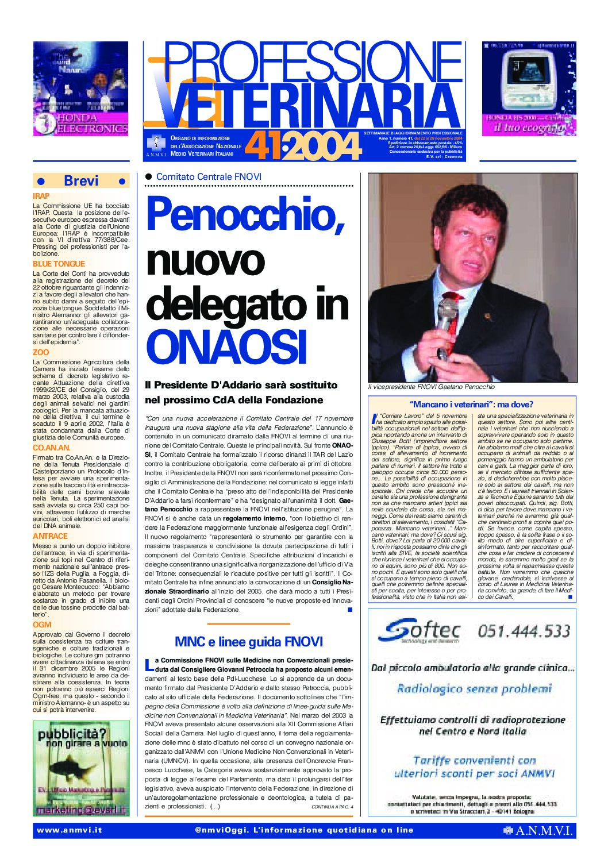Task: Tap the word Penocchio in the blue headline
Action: point(245,214)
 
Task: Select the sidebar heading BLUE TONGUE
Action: point(59,264)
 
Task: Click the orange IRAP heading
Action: point(41,196)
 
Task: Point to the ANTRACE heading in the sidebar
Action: point(50,536)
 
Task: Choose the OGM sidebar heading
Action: point(42,625)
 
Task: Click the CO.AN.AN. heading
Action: point(52,448)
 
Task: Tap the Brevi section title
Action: point(81,181)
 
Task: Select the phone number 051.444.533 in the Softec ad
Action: point(524,631)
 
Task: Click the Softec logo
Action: point(419,631)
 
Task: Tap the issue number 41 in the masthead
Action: point(262,147)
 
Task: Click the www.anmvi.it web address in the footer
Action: point(69,830)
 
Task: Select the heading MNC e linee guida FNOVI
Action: point(248,642)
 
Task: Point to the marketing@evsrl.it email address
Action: point(81,810)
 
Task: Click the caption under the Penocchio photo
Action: point(431,387)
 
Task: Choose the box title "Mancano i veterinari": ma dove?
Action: point(471,404)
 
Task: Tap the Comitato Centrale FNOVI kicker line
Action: point(209,177)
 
